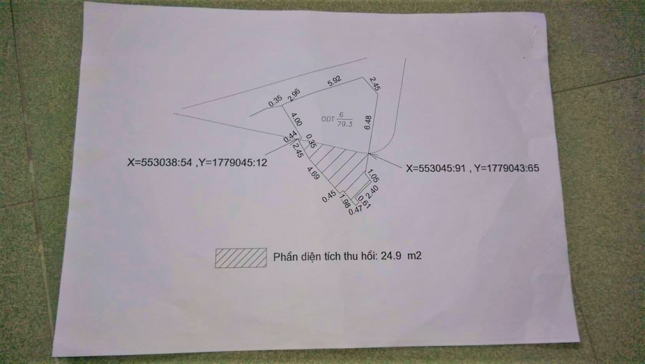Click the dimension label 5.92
pos(334,81)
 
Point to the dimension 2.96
pos(294,95)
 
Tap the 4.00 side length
pos(297,119)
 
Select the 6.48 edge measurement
pos(368,122)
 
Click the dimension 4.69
pos(313,173)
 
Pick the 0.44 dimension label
pos(290,137)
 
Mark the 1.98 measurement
pos(345,201)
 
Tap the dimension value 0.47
pos(355,211)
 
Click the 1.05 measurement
pos(373,175)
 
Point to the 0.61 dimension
pos(364,202)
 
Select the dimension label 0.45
pos(329,196)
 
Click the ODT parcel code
pos(328,119)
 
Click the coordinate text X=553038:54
pos(159,162)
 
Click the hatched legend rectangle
pos(241,258)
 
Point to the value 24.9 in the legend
pos(391,256)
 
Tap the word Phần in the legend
pos(284,257)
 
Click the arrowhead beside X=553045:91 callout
pos(371,155)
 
